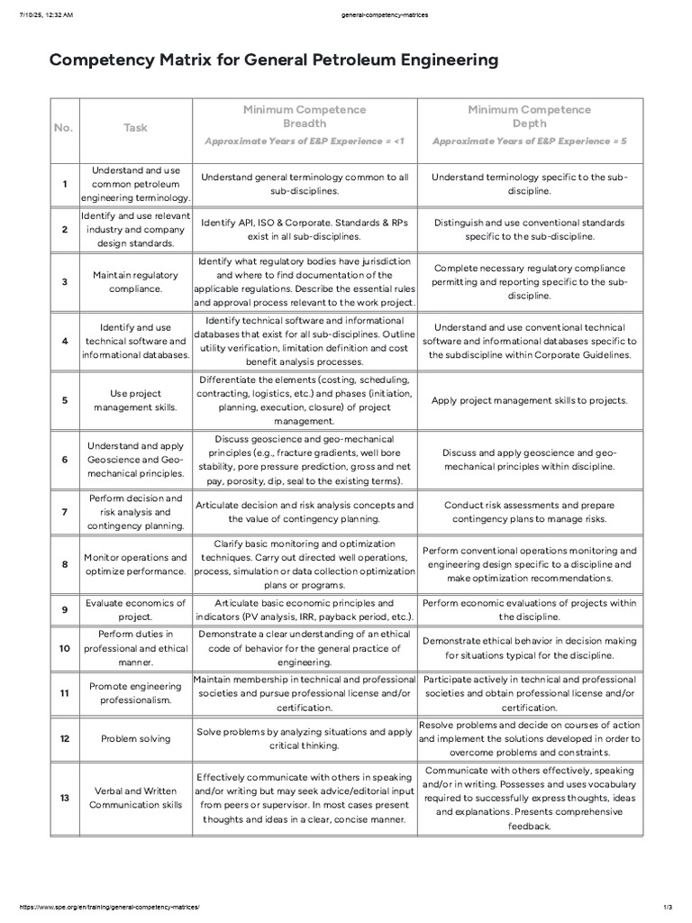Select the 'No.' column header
(63, 127)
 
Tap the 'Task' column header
(135, 127)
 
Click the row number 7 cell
(65, 512)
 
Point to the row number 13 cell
(65, 798)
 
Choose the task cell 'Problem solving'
(135, 738)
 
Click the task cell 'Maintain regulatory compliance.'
(135, 281)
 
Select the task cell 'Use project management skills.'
(135, 399)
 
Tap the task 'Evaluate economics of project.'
(135, 609)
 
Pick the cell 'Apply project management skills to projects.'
(530, 400)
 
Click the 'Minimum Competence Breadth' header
(305, 115)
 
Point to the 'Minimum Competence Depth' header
(530, 115)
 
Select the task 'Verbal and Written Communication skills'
(135, 798)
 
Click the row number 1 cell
(65, 184)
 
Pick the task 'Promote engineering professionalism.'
(135, 693)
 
